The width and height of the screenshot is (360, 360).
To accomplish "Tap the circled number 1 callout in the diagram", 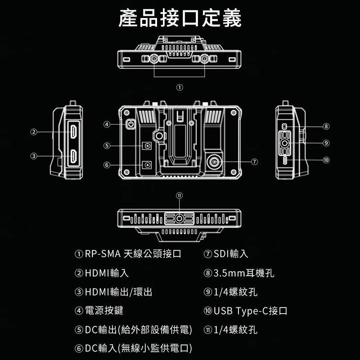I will (180, 87).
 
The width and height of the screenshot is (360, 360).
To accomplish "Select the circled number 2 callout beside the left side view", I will (33, 132).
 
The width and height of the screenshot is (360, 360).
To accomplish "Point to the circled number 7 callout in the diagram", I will (255, 161).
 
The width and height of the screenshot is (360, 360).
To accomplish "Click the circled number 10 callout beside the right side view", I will (326, 160).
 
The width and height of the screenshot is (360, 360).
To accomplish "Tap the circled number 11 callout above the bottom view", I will (180, 195).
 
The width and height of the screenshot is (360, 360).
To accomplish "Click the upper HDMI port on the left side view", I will (73, 132).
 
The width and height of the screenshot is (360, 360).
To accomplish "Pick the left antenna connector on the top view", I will (154, 58).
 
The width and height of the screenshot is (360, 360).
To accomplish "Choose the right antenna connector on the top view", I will (205, 58).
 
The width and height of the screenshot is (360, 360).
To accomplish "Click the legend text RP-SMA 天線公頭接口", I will (133, 254).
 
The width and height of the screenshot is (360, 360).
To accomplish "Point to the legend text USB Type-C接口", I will (250, 311).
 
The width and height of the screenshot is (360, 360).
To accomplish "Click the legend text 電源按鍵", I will (104, 311).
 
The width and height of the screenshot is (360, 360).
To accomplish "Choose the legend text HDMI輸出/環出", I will (118, 292).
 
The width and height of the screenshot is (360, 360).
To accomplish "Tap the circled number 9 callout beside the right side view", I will (326, 143).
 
